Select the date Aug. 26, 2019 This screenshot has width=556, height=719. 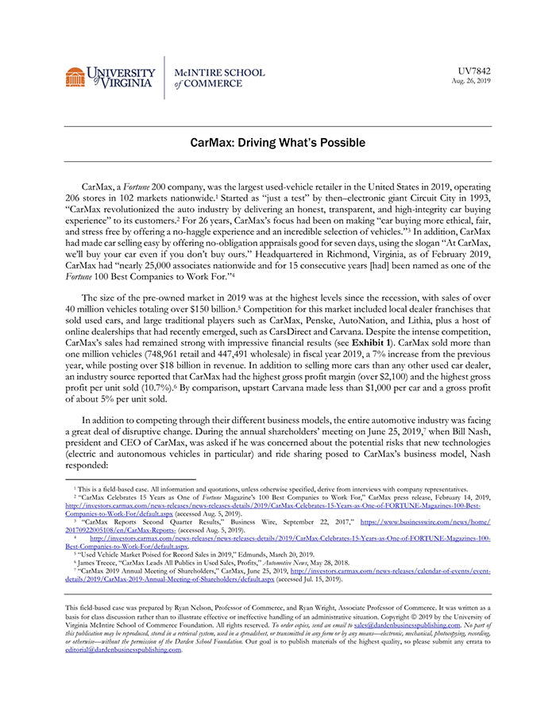tap(471, 81)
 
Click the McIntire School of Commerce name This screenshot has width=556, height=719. tap(219, 78)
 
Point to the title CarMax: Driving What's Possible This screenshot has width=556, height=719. tap(277, 143)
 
